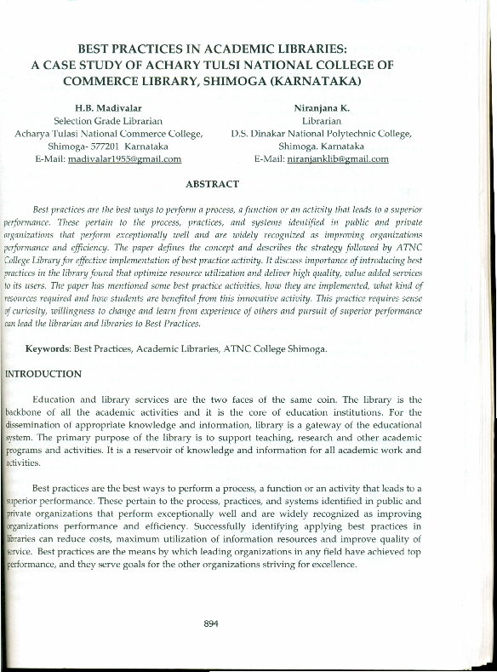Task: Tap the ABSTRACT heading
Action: point(212,184)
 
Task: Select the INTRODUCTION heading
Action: point(44,374)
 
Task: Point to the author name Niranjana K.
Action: point(321,108)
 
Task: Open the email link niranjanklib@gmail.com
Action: point(338,159)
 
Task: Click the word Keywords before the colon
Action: point(47,349)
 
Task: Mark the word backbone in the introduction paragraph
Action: point(26,412)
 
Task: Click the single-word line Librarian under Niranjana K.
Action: point(321,121)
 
